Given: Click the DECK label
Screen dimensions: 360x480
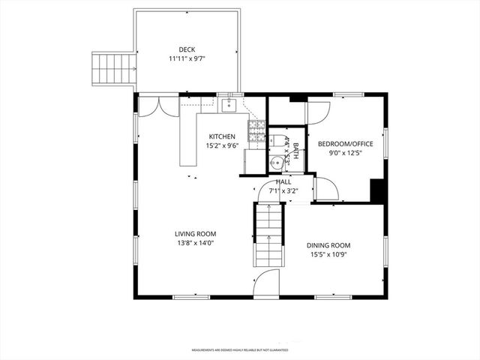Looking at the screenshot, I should (x=187, y=49).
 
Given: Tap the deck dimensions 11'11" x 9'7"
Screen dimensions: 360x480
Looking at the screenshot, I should (x=187, y=59).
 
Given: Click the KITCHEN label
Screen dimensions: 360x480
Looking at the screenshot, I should (x=222, y=136).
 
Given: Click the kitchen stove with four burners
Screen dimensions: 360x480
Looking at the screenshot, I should (x=256, y=130).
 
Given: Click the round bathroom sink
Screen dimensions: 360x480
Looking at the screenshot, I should (x=277, y=160).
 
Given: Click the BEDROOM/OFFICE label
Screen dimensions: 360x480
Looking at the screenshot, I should (x=344, y=144).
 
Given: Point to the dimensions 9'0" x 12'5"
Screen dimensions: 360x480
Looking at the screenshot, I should (x=344, y=154).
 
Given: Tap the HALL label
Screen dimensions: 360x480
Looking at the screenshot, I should (x=283, y=181).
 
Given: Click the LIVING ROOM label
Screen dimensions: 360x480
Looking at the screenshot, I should (x=196, y=233).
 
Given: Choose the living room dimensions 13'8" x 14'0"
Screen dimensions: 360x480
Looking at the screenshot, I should (x=196, y=243).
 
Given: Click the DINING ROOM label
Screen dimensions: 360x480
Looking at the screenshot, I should (x=328, y=245).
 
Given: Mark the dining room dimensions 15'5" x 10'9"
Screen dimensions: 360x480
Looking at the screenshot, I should (x=328, y=255).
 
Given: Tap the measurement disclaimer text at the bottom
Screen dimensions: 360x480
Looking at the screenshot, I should (x=239, y=349).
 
